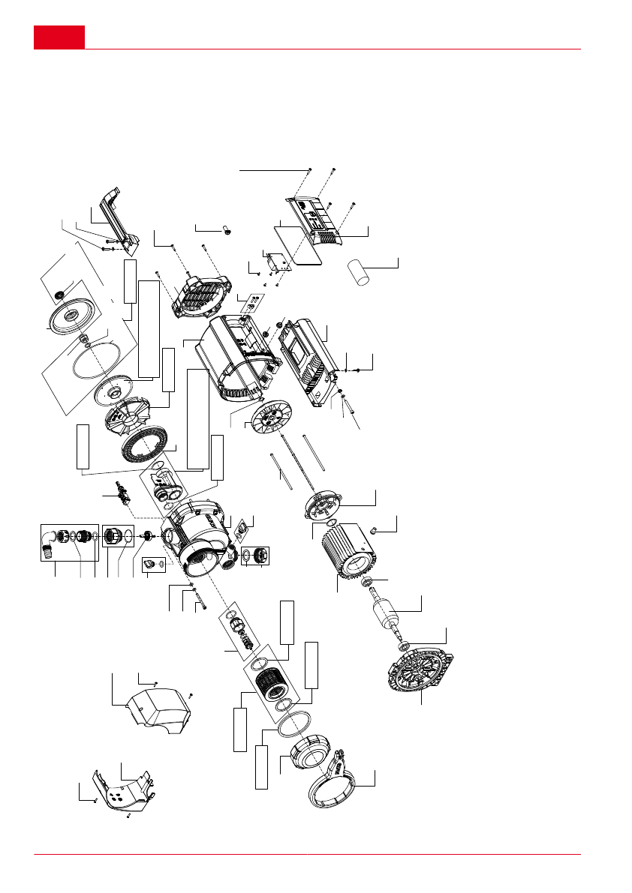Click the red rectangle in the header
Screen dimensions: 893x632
coord(59,37)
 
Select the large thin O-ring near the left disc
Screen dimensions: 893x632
coord(89,364)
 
